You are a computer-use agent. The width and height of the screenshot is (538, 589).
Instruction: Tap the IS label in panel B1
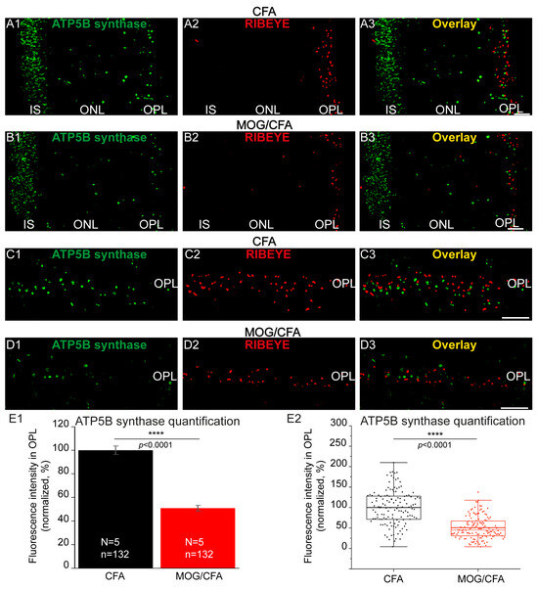coord(33,224)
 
